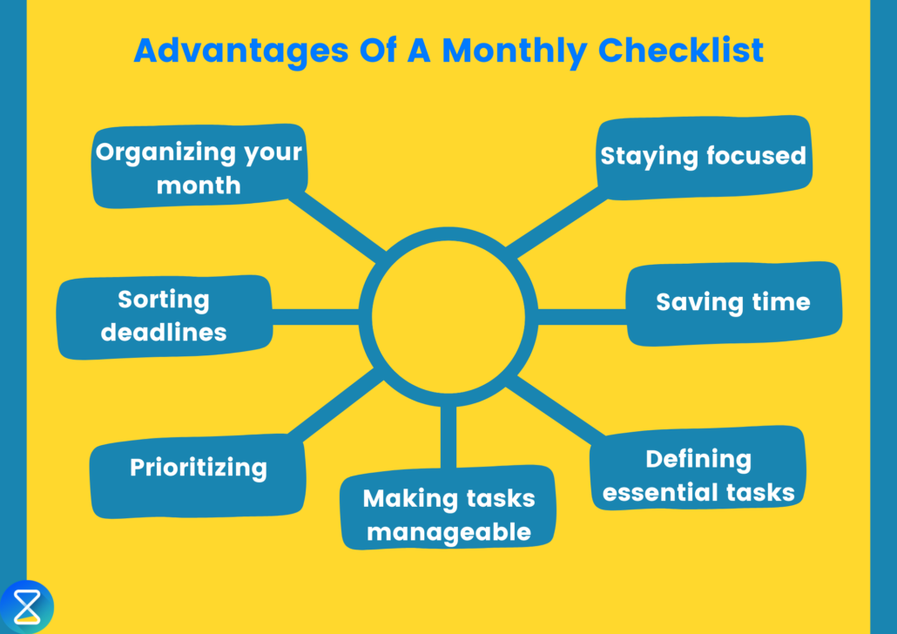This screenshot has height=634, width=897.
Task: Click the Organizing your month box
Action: [x=199, y=167]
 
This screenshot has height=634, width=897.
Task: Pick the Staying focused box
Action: [x=704, y=156]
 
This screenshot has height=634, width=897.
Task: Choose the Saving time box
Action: [x=733, y=302]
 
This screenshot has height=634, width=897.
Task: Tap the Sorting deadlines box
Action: [x=164, y=315]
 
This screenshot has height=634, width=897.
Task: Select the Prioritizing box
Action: [x=199, y=468]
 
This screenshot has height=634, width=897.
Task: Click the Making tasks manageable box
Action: [x=448, y=514]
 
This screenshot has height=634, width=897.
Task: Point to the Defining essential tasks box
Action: [x=698, y=475]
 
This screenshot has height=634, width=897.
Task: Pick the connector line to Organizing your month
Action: [x=340, y=224]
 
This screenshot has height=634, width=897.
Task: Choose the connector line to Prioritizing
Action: [x=335, y=403]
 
